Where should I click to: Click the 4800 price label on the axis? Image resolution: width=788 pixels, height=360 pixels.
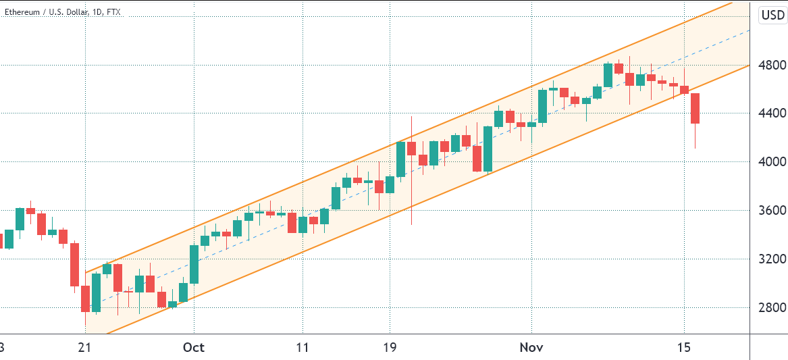tap(770, 66)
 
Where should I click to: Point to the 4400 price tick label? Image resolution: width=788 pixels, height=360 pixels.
tap(770, 113)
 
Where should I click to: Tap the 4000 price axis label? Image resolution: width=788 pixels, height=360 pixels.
tap(770, 162)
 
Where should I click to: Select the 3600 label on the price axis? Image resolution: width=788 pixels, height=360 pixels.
tap(770, 211)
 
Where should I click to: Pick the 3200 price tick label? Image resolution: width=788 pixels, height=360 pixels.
tap(770, 259)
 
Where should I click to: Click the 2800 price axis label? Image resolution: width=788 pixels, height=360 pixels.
tap(770, 307)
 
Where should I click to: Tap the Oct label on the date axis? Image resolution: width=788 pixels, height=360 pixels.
tap(194, 347)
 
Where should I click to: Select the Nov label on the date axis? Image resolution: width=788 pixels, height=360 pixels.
tap(531, 347)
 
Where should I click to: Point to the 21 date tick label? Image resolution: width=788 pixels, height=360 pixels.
tap(84, 347)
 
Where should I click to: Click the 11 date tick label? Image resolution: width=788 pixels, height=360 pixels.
tap(303, 347)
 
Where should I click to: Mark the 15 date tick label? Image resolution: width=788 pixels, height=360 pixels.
tap(684, 347)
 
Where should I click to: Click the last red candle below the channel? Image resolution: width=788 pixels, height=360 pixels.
tap(695, 108)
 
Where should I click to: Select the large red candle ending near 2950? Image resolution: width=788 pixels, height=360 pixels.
tap(74, 264)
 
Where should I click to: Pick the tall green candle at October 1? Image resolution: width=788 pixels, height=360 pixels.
tap(194, 264)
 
